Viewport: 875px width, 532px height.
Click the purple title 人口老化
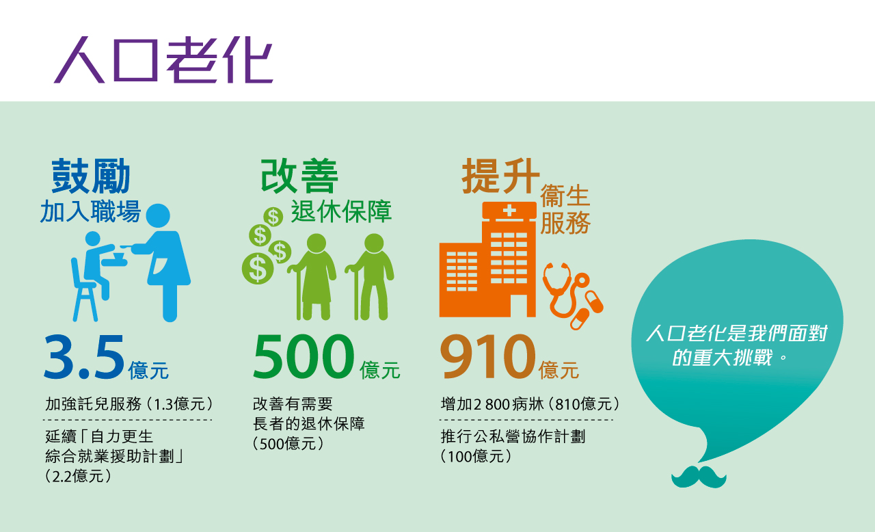(163, 59)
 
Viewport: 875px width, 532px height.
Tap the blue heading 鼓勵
(91, 176)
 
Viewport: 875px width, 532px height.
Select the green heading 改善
(299, 176)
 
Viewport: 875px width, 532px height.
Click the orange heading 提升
(501, 176)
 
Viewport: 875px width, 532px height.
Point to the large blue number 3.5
(84, 357)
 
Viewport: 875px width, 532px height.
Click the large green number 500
(304, 357)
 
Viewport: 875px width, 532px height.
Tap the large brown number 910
(488, 357)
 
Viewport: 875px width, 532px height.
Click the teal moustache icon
(699, 477)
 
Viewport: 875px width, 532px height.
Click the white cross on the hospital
(509, 211)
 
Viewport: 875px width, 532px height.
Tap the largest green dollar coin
(258, 268)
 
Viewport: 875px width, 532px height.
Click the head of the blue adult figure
(158, 215)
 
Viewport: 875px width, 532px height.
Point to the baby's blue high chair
(84, 289)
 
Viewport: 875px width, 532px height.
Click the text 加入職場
(90, 211)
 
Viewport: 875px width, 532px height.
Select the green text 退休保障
(341, 212)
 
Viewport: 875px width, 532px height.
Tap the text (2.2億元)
(78, 476)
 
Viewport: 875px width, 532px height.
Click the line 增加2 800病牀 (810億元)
(530, 404)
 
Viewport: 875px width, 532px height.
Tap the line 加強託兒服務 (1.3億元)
(129, 404)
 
